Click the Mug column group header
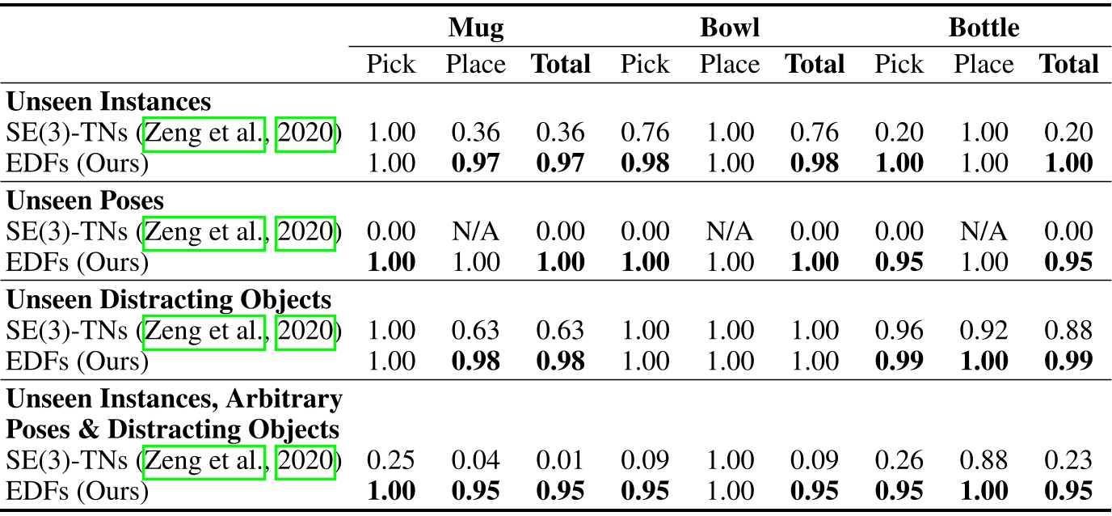[x=476, y=28]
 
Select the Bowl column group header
[x=730, y=28]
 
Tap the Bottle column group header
[x=984, y=28]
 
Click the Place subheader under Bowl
[x=730, y=64]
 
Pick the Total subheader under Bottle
[x=1068, y=64]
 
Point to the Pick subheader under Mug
[x=391, y=64]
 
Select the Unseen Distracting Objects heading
[x=169, y=298]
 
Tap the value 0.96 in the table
[x=899, y=330]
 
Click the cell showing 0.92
[x=984, y=330]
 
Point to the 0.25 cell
[x=391, y=460]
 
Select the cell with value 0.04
[x=476, y=460]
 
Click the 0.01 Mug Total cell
[x=560, y=460]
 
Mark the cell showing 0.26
[x=899, y=460]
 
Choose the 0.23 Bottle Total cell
[x=1068, y=460]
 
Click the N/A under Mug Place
[x=476, y=231]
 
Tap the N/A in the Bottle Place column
[x=984, y=231]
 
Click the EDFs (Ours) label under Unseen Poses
[x=78, y=262]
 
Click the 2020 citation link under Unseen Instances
[x=305, y=133]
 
